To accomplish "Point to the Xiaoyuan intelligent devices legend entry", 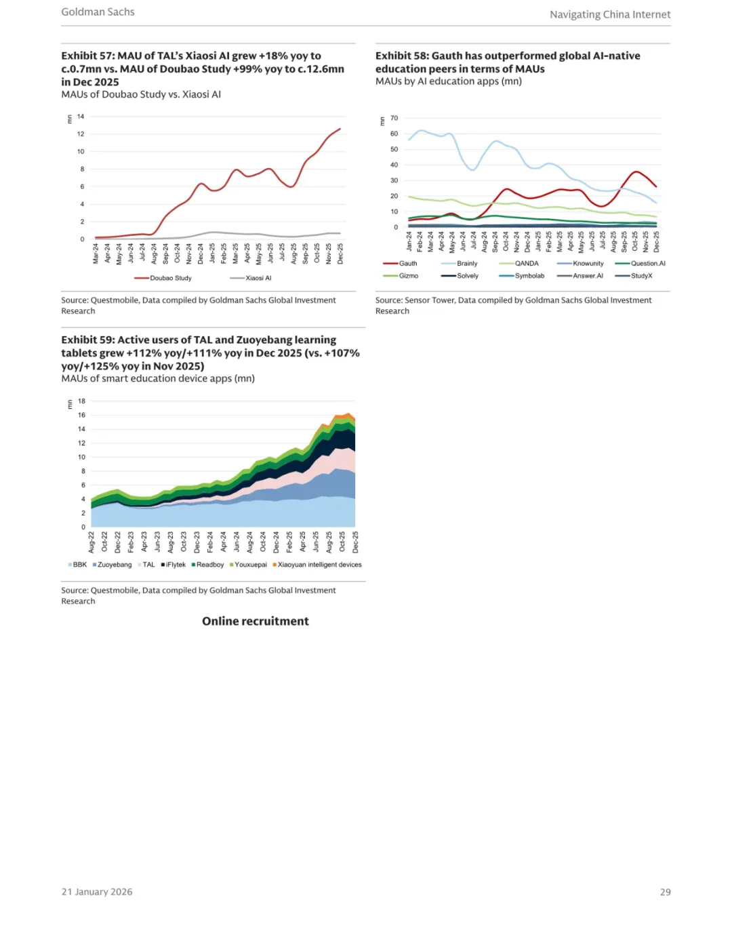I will point(319,565).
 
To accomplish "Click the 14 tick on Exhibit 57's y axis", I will point(81,117).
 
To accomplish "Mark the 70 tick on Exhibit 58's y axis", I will point(394,118).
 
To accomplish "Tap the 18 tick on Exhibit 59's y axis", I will point(81,401).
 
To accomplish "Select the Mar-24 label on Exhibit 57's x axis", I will point(96,254).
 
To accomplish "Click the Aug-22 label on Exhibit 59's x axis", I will point(91,542).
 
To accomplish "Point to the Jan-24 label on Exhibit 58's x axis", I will point(409,241).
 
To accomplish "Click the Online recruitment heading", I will point(255,621).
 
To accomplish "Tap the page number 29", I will point(665,892).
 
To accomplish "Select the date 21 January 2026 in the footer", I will point(97,892).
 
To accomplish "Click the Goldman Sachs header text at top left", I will point(98,12).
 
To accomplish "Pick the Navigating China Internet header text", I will point(610,14).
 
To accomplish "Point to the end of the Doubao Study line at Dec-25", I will point(340,129).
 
